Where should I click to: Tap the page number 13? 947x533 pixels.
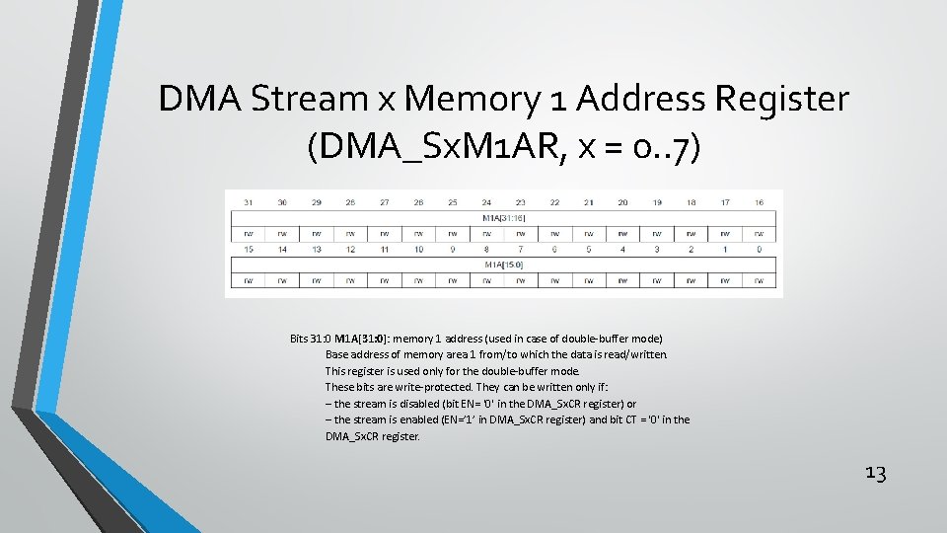875,473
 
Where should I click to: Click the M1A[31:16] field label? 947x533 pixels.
503,217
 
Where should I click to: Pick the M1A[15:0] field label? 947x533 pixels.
503,265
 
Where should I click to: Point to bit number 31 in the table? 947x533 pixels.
249,202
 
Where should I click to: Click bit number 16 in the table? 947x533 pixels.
759,202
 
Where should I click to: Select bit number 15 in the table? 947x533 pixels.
249,250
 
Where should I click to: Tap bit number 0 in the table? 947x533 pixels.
759,250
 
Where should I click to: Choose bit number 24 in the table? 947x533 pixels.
486,202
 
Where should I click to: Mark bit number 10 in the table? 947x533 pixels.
418,250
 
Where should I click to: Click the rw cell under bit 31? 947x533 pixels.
249,234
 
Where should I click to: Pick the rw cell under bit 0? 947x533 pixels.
759,281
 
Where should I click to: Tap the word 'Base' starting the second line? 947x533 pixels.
337,354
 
